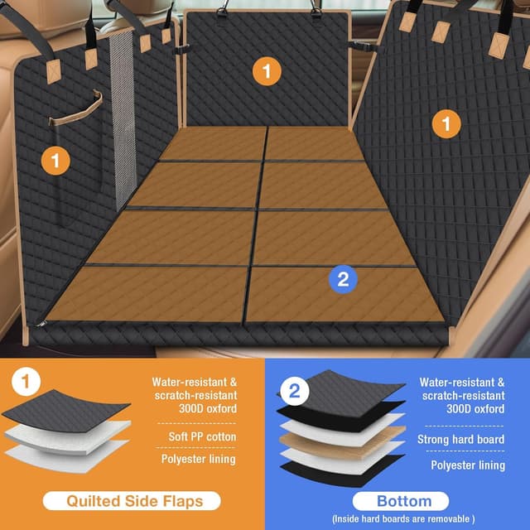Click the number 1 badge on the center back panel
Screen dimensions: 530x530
tap(266, 71)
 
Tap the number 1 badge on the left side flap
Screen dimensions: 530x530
tap(55, 160)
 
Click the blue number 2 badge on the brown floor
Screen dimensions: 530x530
tap(343, 279)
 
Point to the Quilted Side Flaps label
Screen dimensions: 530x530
tap(133, 500)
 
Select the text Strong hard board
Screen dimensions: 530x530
tap(461, 439)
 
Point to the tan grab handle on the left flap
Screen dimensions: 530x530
tap(76, 109)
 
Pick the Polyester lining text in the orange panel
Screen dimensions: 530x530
tap(199, 459)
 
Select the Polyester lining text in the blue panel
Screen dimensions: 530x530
tap(467, 465)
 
